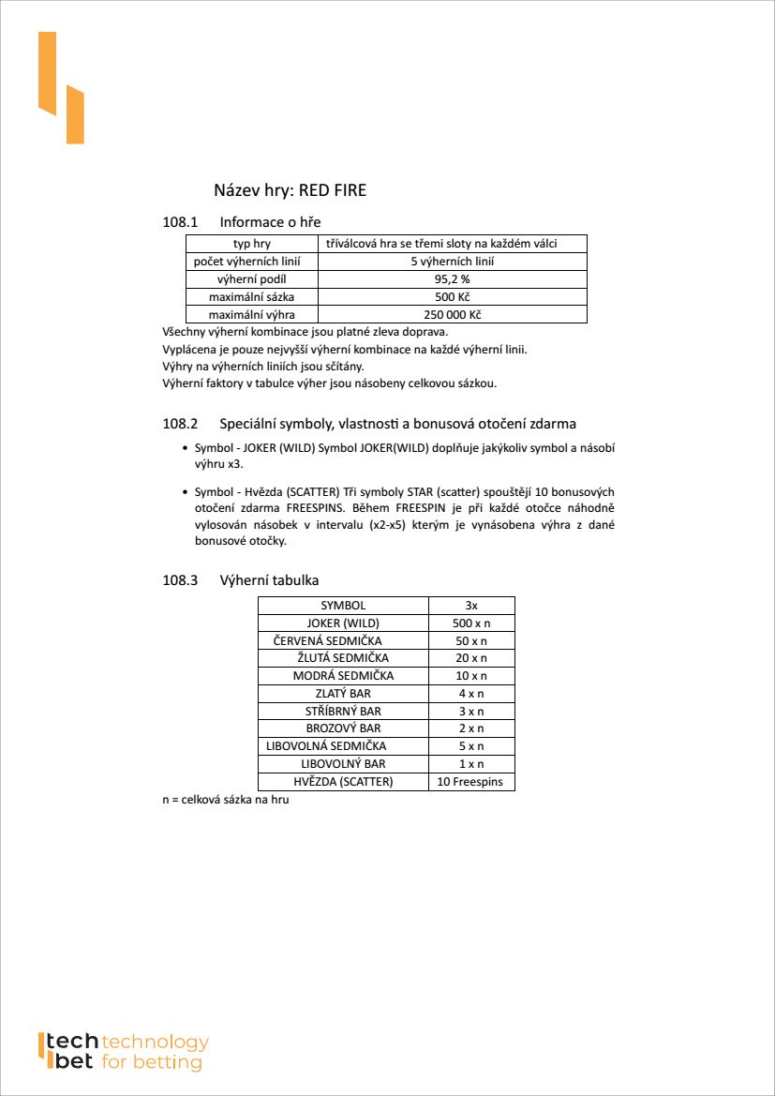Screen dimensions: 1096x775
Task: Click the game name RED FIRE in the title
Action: (332, 190)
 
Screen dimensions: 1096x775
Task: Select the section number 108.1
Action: (181, 222)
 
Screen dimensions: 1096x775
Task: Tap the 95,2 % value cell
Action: (452, 279)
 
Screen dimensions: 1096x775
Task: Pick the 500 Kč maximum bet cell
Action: (452, 297)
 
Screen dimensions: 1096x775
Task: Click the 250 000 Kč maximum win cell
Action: (452, 315)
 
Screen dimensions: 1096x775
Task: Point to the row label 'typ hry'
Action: (251, 244)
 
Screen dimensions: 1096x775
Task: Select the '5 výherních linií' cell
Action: (452, 262)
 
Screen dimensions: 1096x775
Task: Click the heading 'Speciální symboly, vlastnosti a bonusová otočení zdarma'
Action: (397, 424)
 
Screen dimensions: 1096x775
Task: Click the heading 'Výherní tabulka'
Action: (269, 580)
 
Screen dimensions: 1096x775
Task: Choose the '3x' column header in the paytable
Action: (471, 606)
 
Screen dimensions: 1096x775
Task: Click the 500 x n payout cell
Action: (471, 623)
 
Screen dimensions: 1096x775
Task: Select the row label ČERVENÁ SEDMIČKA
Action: (327, 640)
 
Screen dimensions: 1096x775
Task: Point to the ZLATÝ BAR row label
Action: (343, 694)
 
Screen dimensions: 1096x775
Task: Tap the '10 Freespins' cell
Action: (471, 782)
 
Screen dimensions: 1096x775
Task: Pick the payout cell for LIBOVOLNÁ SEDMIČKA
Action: (471, 746)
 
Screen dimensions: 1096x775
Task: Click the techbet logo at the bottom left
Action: (122, 1052)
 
